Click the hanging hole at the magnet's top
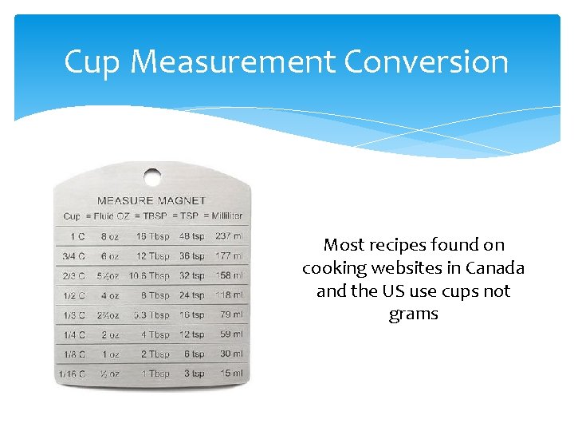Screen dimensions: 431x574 pos(151,176)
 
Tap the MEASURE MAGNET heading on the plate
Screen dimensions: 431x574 pos(151,200)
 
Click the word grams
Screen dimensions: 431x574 pos(414,314)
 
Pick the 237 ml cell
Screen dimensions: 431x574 pos(229,236)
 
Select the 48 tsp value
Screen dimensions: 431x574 pos(191,236)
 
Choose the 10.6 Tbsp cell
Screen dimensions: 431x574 pos(149,275)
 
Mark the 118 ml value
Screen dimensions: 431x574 pos(229,295)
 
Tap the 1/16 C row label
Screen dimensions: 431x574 pos(73,374)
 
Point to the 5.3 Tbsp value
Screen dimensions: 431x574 pos(151,314)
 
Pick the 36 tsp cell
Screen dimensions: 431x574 pos(191,256)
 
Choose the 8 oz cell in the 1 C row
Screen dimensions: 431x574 pos(110,236)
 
